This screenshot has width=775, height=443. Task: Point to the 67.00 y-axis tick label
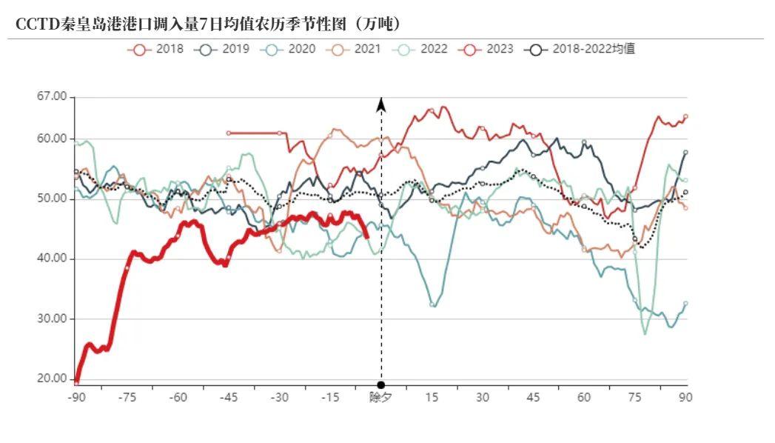(x=51, y=96)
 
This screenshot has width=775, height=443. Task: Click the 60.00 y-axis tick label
(x=51, y=139)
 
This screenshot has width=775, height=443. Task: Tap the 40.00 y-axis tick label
(x=51, y=259)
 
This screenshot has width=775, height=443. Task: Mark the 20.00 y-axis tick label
(x=51, y=379)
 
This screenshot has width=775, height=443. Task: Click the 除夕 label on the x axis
(x=380, y=398)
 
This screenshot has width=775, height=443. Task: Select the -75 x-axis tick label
(x=127, y=398)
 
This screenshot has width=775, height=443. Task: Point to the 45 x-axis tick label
(x=534, y=398)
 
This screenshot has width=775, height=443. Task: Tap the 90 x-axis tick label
(x=686, y=398)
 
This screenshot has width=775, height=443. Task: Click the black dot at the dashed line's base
(x=380, y=385)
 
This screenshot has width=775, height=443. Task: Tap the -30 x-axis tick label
(x=279, y=398)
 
